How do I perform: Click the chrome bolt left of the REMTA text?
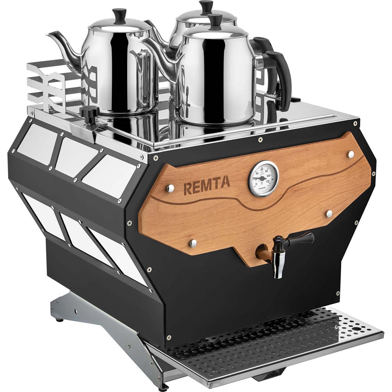(x=170, y=188)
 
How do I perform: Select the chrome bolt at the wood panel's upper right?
(x=351, y=154)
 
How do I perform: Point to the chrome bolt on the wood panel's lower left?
(x=193, y=242)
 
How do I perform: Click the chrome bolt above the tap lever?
(x=329, y=213)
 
